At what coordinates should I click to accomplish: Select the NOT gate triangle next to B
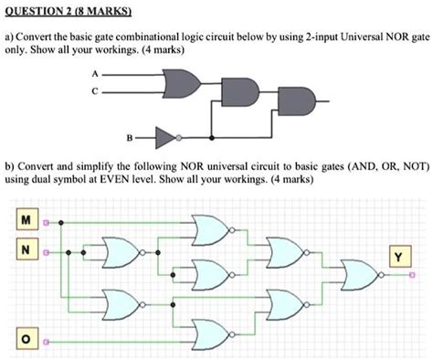[x=165, y=139]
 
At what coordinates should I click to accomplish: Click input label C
[x=111, y=90]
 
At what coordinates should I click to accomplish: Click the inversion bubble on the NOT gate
[x=180, y=139]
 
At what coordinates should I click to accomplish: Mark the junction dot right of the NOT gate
[x=212, y=139]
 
